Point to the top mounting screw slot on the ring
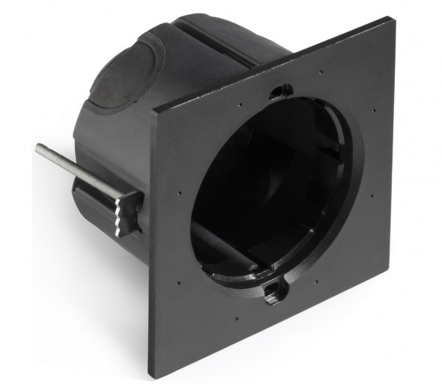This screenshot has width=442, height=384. pos(280,91)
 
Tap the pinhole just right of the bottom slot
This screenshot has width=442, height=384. pos(315,283)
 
